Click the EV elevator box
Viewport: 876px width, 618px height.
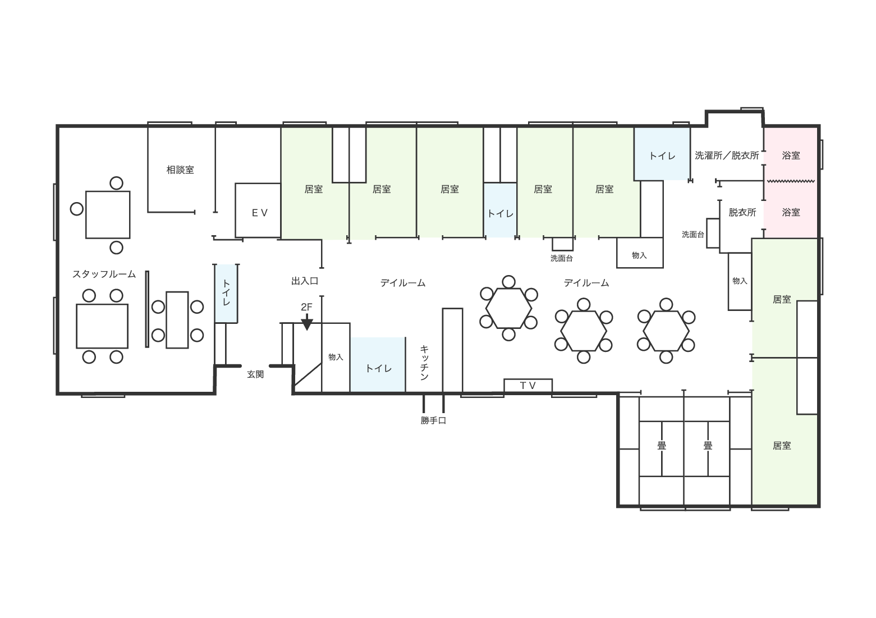coord(258,210)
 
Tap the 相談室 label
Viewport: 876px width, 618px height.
coord(180,170)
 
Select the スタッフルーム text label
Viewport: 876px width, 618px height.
coord(104,274)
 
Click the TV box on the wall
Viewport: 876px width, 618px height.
coord(528,386)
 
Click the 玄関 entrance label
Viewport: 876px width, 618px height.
coord(255,374)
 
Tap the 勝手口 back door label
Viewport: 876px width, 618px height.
coord(433,420)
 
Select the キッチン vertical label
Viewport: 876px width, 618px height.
coord(424,363)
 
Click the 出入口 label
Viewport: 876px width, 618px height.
coord(305,281)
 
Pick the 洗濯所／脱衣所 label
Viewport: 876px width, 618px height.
coord(727,155)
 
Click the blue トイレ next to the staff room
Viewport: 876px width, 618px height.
coord(226,294)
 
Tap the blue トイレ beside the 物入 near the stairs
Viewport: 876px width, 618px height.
coord(378,364)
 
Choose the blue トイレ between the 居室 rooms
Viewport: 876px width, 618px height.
coord(501,210)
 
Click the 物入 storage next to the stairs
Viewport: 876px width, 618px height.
coord(336,357)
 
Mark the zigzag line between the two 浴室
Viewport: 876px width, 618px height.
coord(791,181)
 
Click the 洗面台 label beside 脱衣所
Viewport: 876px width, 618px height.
coord(693,235)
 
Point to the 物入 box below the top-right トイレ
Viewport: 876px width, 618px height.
coord(640,253)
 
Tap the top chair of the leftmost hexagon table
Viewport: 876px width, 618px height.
coord(509,282)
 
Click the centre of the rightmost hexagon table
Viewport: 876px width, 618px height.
coord(666,331)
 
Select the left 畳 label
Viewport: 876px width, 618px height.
coord(662,446)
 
